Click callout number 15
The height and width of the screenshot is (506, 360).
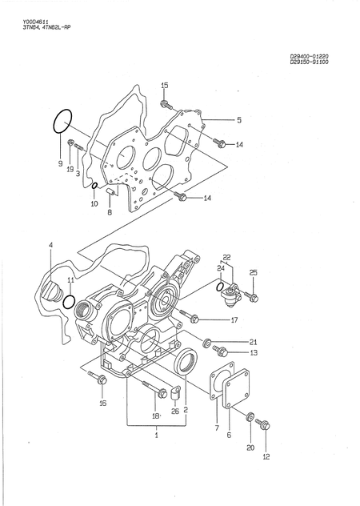point(165,85)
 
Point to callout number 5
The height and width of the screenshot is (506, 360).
point(238,120)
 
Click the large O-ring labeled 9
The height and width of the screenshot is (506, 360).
point(62,123)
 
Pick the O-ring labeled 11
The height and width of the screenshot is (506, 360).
point(70,303)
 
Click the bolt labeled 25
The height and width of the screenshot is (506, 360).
point(251,298)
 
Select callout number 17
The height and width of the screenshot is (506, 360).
point(234,320)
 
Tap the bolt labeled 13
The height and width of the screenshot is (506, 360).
point(219,351)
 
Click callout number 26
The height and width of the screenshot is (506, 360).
point(175,411)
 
